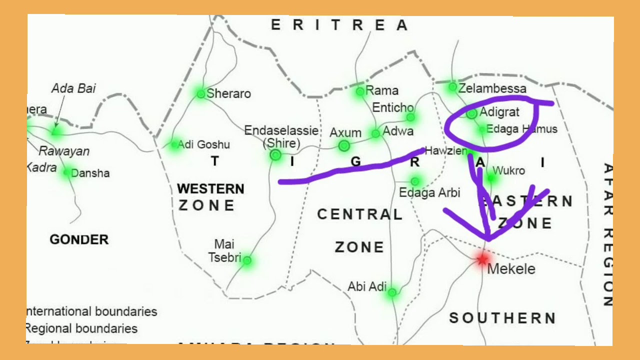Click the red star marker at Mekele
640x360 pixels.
482,259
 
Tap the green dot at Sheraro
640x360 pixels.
201,93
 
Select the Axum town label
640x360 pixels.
345,133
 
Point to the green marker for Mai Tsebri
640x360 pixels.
246,260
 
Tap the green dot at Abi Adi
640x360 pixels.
392,292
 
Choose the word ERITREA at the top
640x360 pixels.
339,25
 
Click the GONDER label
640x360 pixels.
79,239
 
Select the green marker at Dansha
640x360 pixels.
67,172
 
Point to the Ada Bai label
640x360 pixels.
73,88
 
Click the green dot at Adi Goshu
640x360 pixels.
174,144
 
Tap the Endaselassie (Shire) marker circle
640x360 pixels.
275,155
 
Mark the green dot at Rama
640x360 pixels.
360,91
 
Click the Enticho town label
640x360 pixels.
393,107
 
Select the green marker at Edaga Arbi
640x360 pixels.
414,181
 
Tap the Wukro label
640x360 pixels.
509,171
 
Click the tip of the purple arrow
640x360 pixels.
488,239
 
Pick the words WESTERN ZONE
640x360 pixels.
209,196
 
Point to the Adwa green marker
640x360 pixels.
375,133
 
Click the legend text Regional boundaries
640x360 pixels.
81,328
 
